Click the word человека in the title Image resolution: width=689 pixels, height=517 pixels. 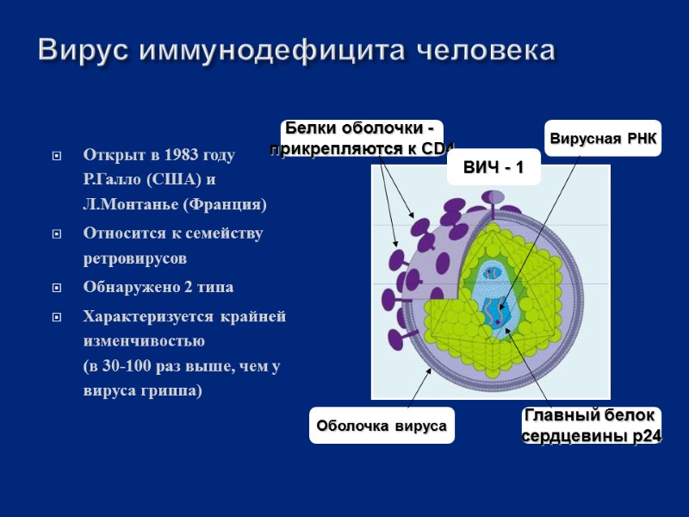(487, 50)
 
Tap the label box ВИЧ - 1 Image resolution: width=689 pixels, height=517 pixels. (493, 167)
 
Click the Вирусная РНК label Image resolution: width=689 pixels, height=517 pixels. (603, 139)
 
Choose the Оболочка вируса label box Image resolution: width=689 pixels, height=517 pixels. (382, 427)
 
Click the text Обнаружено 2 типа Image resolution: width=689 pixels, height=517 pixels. (158, 287)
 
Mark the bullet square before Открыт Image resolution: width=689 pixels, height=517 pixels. (57, 157)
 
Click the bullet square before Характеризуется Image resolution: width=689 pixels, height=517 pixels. (57, 317)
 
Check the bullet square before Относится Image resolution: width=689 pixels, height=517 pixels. (57, 234)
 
